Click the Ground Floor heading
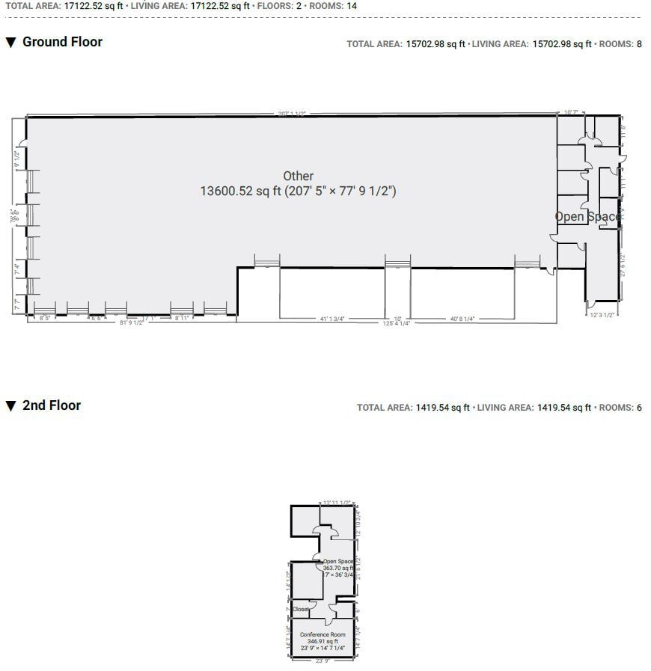pyautogui.click(x=62, y=42)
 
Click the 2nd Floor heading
pyautogui.click(x=51, y=405)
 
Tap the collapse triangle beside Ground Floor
pyautogui.click(x=10, y=43)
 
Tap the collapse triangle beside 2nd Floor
pyautogui.click(x=10, y=406)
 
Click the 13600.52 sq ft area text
pyautogui.click(x=298, y=192)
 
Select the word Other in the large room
pyautogui.click(x=298, y=176)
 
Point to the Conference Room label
pyautogui.click(x=323, y=634)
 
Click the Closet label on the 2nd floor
pyautogui.click(x=301, y=610)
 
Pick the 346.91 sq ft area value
pyautogui.click(x=323, y=641)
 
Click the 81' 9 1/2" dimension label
pyautogui.click(x=131, y=323)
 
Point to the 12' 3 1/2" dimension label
pyautogui.click(x=602, y=315)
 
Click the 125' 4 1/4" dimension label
pyautogui.click(x=397, y=323)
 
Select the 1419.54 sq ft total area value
pyautogui.click(x=442, y=408)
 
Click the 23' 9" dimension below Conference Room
pyautogui.click(x=323, y=661)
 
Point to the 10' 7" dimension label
pyautogui.click(x=570, y=112)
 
